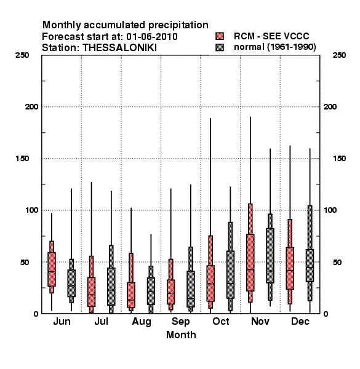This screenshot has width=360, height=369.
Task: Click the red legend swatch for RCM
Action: [x=220, y=36]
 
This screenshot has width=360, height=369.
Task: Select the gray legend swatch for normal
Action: [x=220, y=47]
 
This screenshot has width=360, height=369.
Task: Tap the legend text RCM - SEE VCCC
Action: [x=271, y=36]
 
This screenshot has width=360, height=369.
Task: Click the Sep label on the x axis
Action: [x=180, y=322]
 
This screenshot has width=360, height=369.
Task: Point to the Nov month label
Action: [x=260, y=321]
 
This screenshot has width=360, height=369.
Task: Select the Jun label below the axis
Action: [x=62, y=321]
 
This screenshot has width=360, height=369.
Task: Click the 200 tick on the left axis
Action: [x=31, y=107]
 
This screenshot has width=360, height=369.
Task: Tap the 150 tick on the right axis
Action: [x=339, y=159]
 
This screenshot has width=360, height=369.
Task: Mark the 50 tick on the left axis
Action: [x=25, y=262]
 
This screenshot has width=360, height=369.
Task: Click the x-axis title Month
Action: [x=181, y=335]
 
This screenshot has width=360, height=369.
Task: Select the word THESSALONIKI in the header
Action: [x=119, y=48]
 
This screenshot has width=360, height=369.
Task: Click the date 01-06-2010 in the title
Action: [x=152, y=37]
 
